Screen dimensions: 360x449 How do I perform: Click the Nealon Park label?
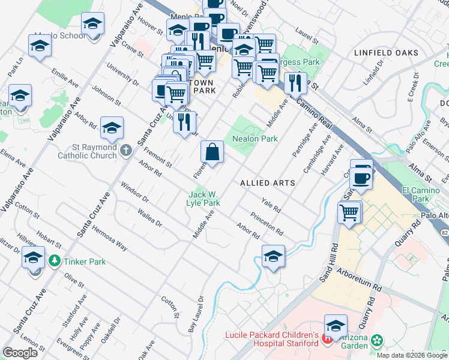(x=255, y=139)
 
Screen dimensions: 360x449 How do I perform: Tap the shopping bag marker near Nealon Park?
(x=213, y=152)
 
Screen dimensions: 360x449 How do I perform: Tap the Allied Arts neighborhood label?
(x=267, y=182)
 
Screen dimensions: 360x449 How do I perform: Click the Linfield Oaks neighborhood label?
(x=386, y=53)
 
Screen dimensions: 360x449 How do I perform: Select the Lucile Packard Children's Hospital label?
(x=271, y=339)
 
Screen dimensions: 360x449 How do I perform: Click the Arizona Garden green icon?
(x=377, y=341)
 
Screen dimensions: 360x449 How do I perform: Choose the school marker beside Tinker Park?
(x=34, y=259)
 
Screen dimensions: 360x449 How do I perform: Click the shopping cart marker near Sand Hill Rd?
(x=349, y=212)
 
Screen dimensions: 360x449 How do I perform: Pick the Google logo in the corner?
(x=20, y=352)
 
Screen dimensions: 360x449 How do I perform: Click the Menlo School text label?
(x=64, y=35)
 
